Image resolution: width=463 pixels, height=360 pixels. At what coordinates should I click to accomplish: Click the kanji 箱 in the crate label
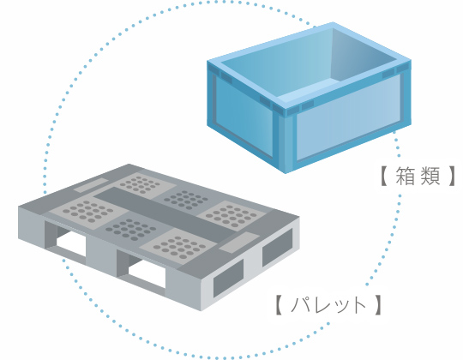(x=405, y=176)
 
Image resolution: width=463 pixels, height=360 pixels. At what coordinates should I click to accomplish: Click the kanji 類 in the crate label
(x=430, y=176)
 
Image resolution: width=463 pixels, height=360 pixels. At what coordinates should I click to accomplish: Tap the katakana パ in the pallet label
(x=301, y=304)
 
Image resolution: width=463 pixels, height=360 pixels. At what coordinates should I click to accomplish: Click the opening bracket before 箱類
(x=384, y=176)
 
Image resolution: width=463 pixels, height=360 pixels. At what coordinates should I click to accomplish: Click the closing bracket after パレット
(x=377, y=305)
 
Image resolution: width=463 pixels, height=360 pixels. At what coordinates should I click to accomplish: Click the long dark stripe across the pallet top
(x=165, y=211)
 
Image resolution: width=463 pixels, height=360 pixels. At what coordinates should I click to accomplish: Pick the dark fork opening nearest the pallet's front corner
(x=228, y=279)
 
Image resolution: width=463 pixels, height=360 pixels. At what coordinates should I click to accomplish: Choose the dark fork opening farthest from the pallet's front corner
(x=277, y=247)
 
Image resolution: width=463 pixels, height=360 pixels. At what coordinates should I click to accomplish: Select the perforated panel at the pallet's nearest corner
(x=178, y=247)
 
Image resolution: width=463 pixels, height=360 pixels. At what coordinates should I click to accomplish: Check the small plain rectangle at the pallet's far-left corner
(x=91, y=185)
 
